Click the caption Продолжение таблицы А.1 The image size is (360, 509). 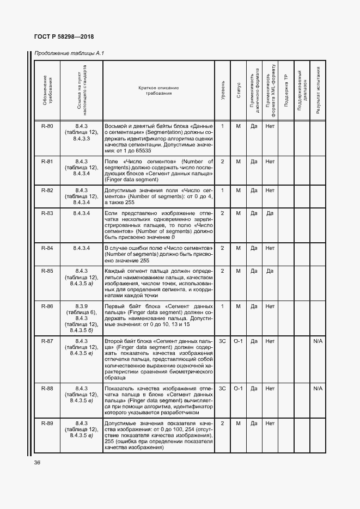69,53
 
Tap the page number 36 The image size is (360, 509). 38,463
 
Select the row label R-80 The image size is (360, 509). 47,126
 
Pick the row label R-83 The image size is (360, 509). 47,213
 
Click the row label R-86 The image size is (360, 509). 47,306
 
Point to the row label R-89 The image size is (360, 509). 47,423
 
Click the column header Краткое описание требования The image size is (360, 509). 158,90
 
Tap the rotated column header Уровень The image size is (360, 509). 222,90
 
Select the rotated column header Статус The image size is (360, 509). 239,90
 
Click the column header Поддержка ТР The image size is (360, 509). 285,90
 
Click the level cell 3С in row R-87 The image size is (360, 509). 222,341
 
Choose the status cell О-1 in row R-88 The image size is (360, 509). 239,388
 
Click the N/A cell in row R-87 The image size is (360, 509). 318,341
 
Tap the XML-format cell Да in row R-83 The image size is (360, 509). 270,213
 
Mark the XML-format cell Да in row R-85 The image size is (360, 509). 270,271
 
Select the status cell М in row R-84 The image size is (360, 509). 239,248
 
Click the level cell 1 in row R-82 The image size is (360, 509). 222,191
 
